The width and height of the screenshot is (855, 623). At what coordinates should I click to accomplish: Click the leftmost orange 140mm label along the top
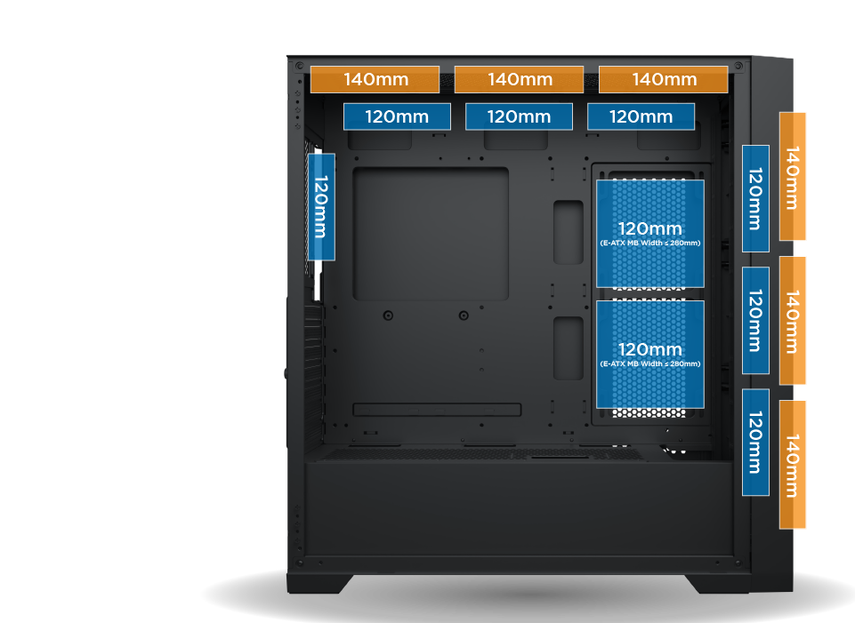[x=375, y=79]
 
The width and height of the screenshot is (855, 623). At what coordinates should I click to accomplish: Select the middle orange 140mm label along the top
[x=519, y=79]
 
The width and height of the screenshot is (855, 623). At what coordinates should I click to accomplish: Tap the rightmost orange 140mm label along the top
[x=663, y=79]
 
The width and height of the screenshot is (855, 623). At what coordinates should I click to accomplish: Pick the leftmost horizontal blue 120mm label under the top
[x=397, y=116]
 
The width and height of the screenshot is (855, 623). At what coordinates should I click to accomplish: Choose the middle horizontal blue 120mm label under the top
[x=519, y=116]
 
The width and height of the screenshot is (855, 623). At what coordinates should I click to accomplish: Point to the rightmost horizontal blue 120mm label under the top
[x=641, y=116]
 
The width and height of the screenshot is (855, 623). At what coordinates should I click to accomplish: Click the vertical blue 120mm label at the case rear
[x=321, y=206]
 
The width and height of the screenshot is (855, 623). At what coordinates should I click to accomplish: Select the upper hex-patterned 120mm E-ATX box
[x=649, y=234]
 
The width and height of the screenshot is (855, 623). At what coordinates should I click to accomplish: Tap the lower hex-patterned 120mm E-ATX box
[x=649, y=354]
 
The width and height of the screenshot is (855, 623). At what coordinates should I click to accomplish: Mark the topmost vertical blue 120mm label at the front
[x=755, y=198]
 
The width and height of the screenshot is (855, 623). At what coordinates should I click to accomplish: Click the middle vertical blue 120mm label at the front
[x=755, y=321]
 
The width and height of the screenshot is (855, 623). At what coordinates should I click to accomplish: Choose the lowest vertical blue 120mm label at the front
[x=755, y=443]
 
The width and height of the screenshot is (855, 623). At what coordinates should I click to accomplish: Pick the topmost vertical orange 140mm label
[x=792, y=176]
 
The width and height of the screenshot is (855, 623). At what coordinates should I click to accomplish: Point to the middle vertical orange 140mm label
[x=792, y=321]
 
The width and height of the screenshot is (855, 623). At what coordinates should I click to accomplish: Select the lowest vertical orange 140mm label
[x=792, y=464]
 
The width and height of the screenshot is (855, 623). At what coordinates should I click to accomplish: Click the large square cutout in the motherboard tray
[x=431, y=234]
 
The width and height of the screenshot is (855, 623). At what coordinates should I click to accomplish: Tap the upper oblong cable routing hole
[x=568, y=232]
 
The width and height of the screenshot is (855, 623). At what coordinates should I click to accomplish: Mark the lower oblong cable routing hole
[x=568, y=347]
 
